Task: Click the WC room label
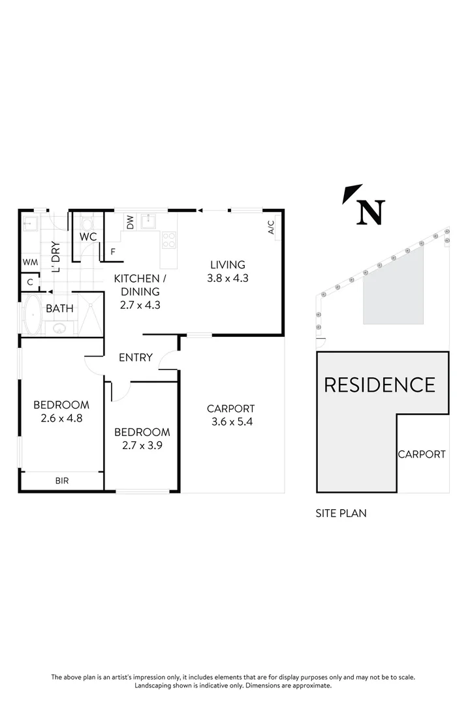88,237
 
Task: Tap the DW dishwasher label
131,223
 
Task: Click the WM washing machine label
30,262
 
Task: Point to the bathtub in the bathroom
32,315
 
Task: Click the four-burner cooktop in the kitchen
168,240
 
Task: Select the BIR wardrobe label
62,481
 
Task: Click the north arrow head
353,193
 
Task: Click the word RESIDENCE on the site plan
379,384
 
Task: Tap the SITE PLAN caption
341,513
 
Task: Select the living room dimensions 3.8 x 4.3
227,277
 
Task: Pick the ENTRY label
136,358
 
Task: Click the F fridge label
113,251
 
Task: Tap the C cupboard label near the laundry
29,282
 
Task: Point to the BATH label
59,309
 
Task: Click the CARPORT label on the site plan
422,454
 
